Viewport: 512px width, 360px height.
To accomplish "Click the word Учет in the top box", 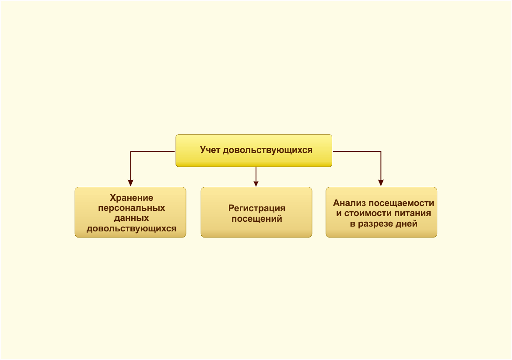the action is [210, 150].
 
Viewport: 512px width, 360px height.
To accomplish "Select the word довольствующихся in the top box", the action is [267, 150].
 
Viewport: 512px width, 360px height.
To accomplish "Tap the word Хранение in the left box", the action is [131, 198].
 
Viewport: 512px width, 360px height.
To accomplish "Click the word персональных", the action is [131, 208].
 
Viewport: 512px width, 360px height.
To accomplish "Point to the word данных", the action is [131, 218].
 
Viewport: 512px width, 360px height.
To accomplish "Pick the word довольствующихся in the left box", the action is [131, 228].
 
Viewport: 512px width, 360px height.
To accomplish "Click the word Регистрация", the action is [256, 209].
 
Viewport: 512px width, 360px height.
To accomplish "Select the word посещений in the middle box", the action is [256, 219].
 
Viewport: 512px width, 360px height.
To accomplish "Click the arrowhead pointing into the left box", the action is [130, 183].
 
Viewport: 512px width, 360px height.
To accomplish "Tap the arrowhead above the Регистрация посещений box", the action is [256, 184].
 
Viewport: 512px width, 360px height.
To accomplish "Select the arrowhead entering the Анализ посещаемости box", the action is [381, 183].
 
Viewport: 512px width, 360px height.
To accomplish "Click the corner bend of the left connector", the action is [130, 151].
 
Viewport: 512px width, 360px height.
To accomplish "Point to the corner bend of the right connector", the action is [381, 151].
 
